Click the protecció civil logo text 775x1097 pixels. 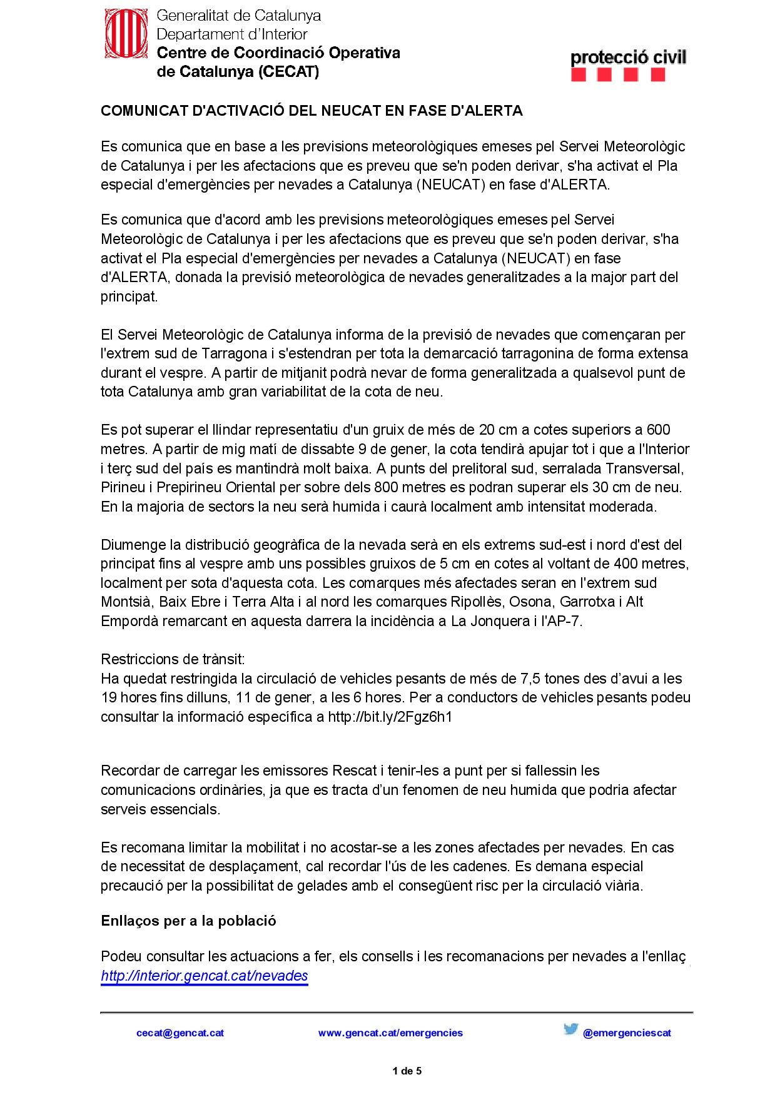[628, 58]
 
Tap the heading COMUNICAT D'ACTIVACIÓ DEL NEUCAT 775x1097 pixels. [312, 111]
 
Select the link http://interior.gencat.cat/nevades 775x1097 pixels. [205, 976]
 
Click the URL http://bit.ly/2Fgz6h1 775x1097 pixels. [390, 717]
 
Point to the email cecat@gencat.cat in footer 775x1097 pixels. [180, 1033]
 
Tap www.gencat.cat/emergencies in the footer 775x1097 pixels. [390, 1033]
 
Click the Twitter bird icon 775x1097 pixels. [570, 1029]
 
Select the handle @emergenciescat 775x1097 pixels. [627, 1033]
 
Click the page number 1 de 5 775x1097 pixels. [407, 1071]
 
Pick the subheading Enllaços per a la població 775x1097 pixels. [188, 921]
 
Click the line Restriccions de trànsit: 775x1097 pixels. [173, 659]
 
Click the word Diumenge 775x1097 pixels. [133, 545]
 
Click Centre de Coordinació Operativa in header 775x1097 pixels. [278, 53]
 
